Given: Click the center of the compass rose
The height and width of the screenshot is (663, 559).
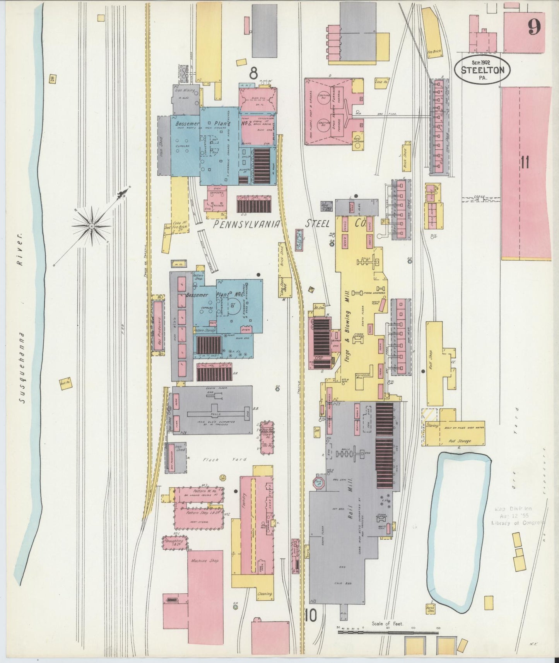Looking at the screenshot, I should click(92, 226).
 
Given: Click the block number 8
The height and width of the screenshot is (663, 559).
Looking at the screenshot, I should click(254, 72).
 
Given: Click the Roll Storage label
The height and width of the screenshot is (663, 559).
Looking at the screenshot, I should click(460, 441).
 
